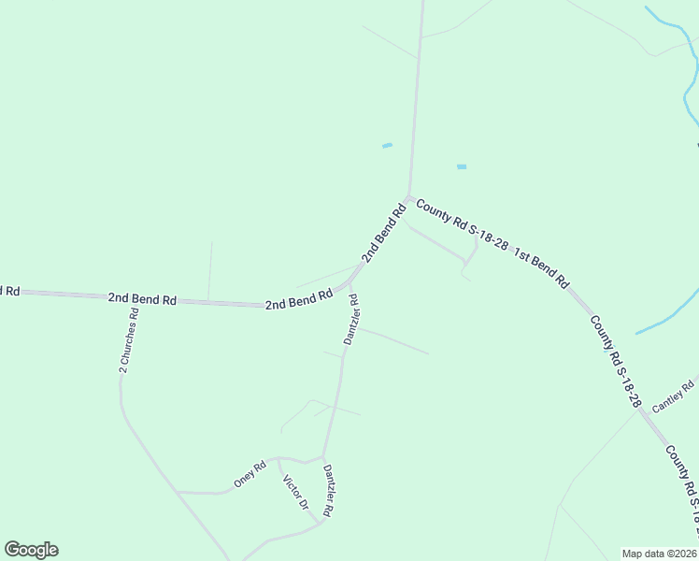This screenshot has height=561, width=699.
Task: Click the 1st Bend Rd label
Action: point(541,267)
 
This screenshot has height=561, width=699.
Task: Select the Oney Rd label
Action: point(250,475)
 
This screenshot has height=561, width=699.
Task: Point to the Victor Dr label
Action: point(295,492)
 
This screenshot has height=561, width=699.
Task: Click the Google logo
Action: point(31,550)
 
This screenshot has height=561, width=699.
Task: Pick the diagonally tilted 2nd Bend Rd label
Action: point(383,234)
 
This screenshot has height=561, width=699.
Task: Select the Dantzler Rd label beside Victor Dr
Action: point(328,490)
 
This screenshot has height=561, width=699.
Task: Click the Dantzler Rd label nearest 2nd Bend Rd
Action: point(351,320)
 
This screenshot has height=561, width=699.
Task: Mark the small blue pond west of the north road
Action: point(387,145)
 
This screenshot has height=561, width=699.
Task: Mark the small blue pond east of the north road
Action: point(461,166)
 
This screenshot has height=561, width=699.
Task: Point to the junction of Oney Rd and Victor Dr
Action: point(279,459)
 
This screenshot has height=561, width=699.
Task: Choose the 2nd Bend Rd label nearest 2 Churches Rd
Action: point(142,299)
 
